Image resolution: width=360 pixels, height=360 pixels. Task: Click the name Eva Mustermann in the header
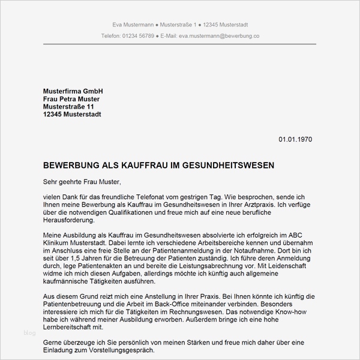[132, 25]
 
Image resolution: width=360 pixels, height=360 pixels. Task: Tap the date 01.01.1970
[295, 139]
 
